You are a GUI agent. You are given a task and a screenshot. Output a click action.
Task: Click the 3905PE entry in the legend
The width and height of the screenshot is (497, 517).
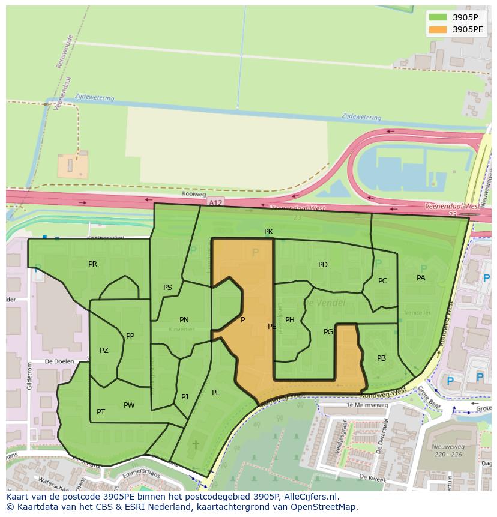[468, 29]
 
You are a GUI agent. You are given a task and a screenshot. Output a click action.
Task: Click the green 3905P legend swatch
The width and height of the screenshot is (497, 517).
[438, 18]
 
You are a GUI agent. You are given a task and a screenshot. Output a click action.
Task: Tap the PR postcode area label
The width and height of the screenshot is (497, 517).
[92, 264]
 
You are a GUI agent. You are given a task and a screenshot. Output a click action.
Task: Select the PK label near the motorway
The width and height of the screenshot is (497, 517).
[268, 232]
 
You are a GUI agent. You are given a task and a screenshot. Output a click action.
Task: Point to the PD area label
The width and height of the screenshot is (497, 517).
[323, 265]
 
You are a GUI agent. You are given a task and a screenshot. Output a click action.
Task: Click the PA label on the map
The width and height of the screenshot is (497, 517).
[421, 278]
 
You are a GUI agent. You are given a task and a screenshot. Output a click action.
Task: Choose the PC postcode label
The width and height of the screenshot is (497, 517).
[382, 281]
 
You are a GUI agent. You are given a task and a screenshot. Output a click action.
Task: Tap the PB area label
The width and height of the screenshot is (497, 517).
[381, 358]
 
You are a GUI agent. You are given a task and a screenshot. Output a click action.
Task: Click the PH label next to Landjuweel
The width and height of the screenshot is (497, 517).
[290, 320]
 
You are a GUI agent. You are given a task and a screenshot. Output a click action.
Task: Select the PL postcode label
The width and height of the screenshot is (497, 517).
[216, 393]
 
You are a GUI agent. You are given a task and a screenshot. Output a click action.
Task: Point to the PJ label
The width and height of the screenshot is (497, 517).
[185, 397]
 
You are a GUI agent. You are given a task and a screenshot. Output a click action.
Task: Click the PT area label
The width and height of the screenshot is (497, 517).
[101, 412]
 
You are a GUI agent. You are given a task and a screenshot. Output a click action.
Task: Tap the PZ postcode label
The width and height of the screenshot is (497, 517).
[104, 351]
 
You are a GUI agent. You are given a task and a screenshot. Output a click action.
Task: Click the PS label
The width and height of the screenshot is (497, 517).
[167, 288]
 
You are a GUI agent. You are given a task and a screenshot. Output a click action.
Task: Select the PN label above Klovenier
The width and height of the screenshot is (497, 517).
[184, 320]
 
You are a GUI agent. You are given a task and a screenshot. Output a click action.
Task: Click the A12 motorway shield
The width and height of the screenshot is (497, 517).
[215, 203]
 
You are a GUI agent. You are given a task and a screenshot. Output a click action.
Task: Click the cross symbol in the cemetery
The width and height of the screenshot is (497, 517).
[196, 445]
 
